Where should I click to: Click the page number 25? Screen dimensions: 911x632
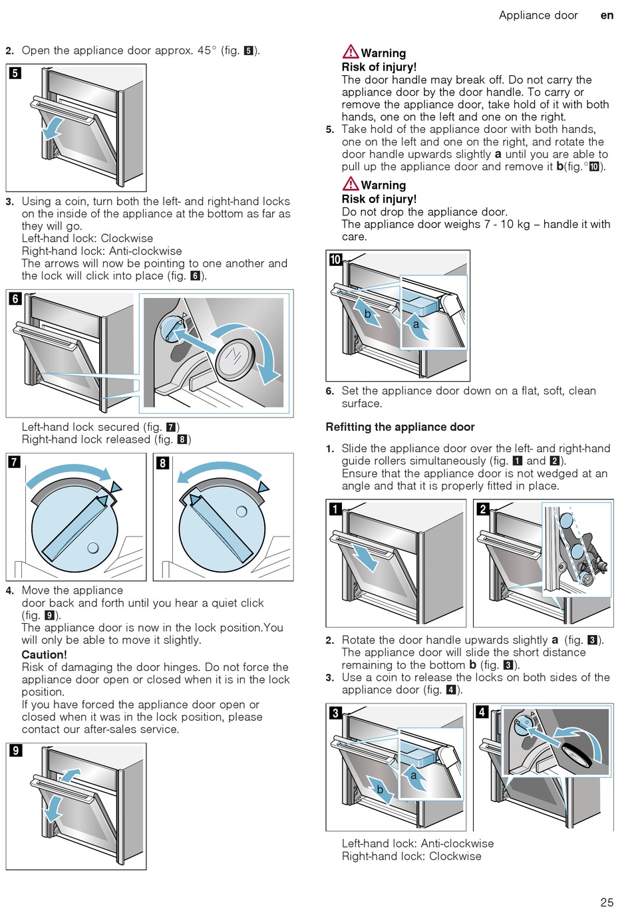click(607, 902)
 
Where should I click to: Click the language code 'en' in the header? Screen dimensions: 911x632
click(607, 15)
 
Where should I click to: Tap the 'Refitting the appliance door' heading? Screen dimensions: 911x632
click(400, 427)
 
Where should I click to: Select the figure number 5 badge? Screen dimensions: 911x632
click(15, 73)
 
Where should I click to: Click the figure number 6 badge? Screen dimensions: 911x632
click(15, 299)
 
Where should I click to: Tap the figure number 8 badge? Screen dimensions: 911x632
click(162, 462)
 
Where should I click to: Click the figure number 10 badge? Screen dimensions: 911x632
click(335, 259)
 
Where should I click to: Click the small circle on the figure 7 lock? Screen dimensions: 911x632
click(93, 548)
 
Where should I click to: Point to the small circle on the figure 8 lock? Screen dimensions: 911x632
click(241, 511)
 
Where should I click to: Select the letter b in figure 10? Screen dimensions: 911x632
click(367, 314)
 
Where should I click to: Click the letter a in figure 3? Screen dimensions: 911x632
click(414, 775)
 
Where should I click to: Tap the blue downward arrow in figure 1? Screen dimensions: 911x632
click(363, 557)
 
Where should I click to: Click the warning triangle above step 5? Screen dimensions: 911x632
click(351, 51)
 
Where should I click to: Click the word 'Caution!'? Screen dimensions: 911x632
click(44, 654)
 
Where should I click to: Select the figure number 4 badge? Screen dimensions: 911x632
click(482, 712)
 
